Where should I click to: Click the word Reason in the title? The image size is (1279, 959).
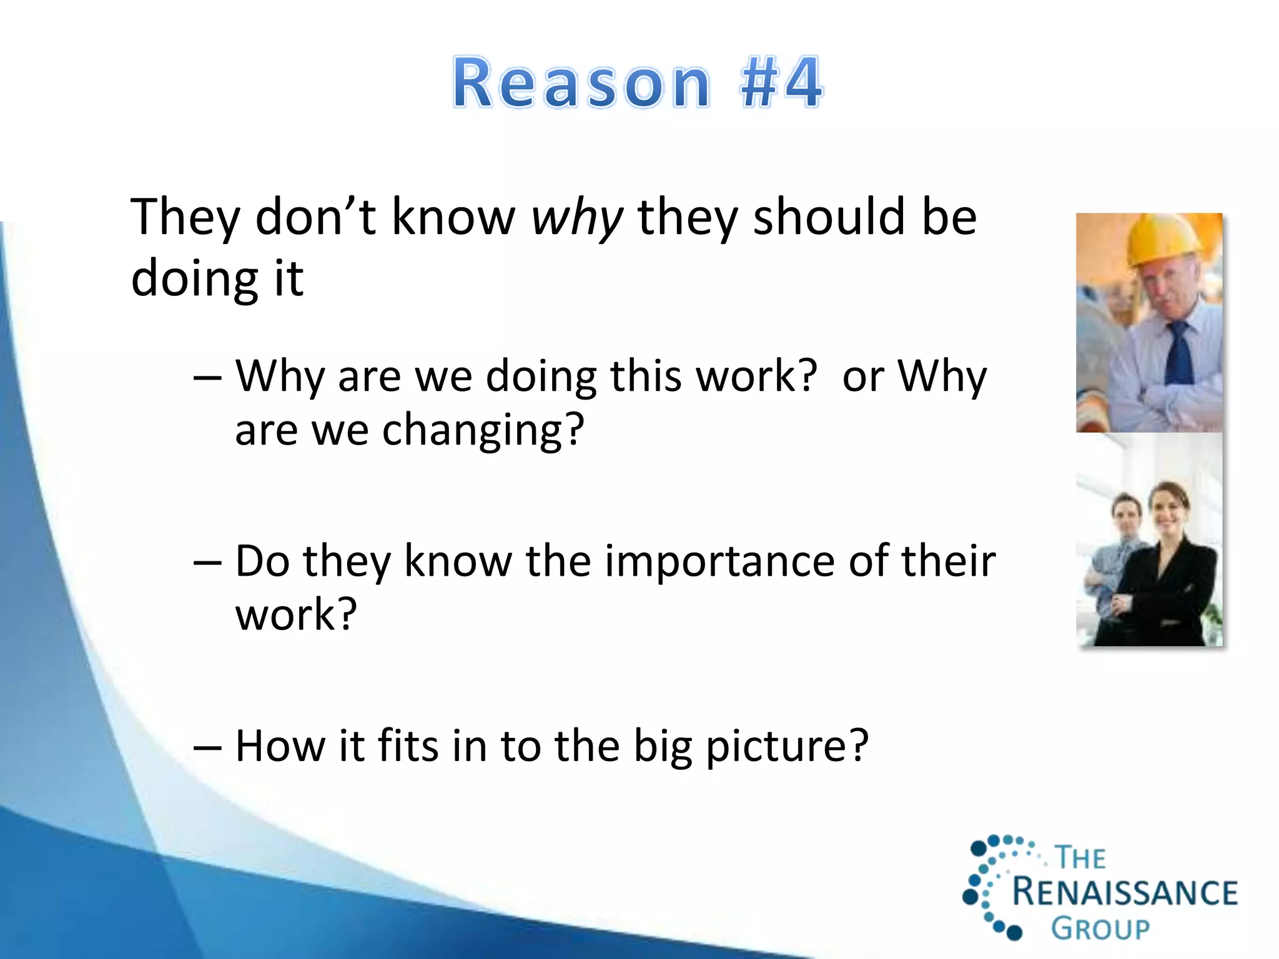[x=581, y=84]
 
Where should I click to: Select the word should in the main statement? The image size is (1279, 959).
[x=829, y=217]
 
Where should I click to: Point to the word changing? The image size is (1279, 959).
[x=483, y=431]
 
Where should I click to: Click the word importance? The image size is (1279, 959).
[x=719, y=561]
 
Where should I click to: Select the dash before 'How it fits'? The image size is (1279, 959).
[x=207, y=747]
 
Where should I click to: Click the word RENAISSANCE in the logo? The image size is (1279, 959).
[x=1124, y=892]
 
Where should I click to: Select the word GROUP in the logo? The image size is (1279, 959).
[x=1100, y=928]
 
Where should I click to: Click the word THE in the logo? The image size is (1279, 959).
[x=1080, y=858]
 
